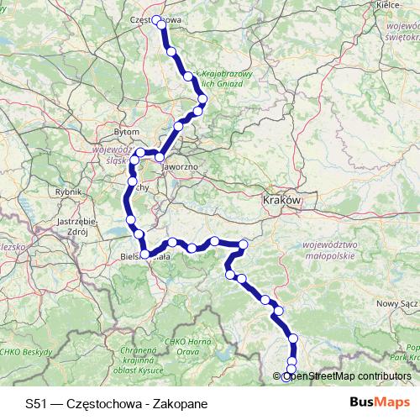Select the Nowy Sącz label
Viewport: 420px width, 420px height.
396,302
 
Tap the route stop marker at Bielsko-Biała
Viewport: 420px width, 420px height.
145,253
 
